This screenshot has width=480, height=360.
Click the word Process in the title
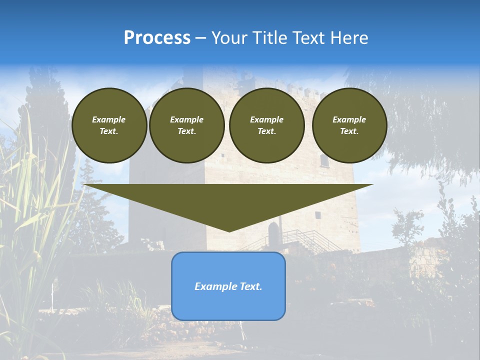coord(157,38)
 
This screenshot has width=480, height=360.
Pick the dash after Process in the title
coord(200,39)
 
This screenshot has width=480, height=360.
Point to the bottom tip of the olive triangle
coord(229,231)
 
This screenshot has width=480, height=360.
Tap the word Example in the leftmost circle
coord(109,119)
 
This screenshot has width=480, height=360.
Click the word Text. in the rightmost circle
coord(349,131)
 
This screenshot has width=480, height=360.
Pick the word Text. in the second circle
coord(186,131)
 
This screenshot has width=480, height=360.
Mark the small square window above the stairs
coord(317,214)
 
